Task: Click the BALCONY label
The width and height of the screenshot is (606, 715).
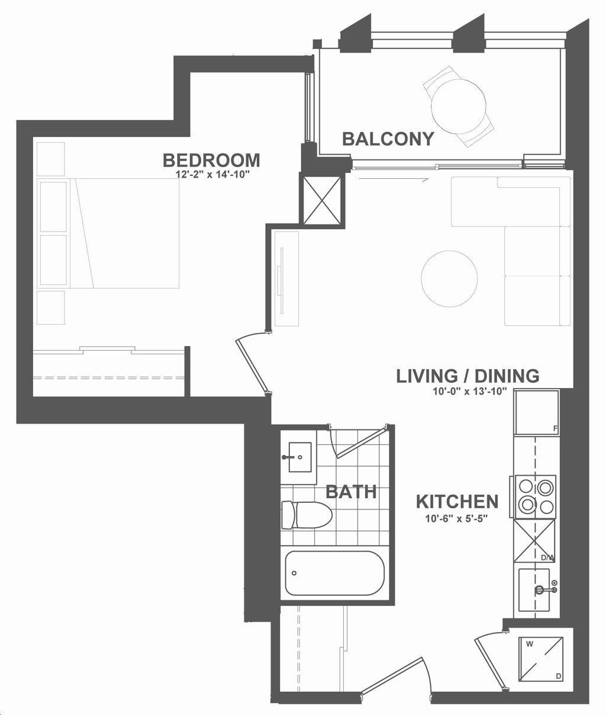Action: tap(388, 139)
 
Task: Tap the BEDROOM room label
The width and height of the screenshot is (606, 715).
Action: tap(211, 160)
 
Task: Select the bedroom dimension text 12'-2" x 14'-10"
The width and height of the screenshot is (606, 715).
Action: tap(212, 175)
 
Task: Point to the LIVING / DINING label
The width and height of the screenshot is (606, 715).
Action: tap(468, 376)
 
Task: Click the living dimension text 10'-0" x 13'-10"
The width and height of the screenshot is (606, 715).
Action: tap(469, 392)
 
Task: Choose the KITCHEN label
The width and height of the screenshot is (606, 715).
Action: tap(457, 502)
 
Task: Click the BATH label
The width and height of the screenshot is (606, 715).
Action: tap(351, 492)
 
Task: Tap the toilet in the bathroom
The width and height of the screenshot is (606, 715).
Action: tap(307, 515)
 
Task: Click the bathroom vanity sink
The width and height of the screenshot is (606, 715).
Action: tap(300, 457)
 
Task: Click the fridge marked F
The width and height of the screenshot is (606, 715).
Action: tap(537, 412)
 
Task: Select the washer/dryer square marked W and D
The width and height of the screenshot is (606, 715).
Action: tap(541, 653)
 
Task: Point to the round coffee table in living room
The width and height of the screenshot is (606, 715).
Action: tap(450, 278)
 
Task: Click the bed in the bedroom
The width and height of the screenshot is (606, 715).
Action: tap(125, 233)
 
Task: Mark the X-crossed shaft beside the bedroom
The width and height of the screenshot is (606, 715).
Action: tap(322, 201)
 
